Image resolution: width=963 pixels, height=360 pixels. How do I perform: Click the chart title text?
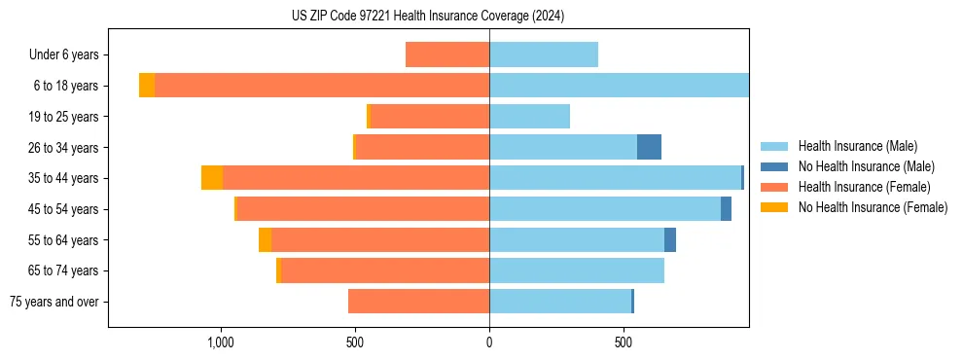(428, 17)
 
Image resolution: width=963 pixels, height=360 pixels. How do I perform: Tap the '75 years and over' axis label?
(54, 302)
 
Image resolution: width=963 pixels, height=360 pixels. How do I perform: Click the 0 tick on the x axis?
(489, 342)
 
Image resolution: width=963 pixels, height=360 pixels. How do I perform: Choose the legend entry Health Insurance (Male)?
(857, 146)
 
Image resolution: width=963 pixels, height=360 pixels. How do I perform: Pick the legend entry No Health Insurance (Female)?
(873, 207)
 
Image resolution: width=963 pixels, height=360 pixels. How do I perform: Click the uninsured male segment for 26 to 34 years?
(649, 147)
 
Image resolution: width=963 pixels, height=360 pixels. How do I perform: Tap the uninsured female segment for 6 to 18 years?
(147, 86)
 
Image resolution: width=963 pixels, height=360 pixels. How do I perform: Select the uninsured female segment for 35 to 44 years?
(212, 178)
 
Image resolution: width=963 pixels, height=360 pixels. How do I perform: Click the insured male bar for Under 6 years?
(544, 54)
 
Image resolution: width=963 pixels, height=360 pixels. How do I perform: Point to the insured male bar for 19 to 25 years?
(529, 117)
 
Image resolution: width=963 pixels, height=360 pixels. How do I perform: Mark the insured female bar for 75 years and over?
(418, 302)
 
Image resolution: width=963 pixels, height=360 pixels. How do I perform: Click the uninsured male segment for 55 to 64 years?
(670, 239)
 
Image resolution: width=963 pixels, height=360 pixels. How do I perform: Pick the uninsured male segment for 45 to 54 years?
(726, 209)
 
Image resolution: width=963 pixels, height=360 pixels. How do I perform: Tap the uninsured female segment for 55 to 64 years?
(265, 239)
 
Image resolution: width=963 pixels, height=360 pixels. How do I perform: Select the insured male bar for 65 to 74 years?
(577, 270)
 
